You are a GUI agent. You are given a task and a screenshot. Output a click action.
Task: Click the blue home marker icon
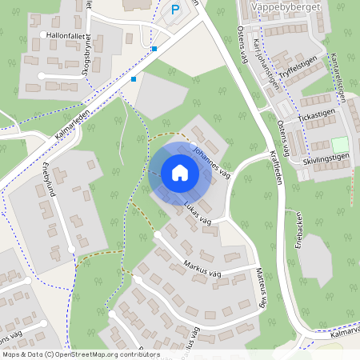click(179, 173)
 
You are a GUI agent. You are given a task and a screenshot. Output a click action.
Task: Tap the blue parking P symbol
click(175, 10)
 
